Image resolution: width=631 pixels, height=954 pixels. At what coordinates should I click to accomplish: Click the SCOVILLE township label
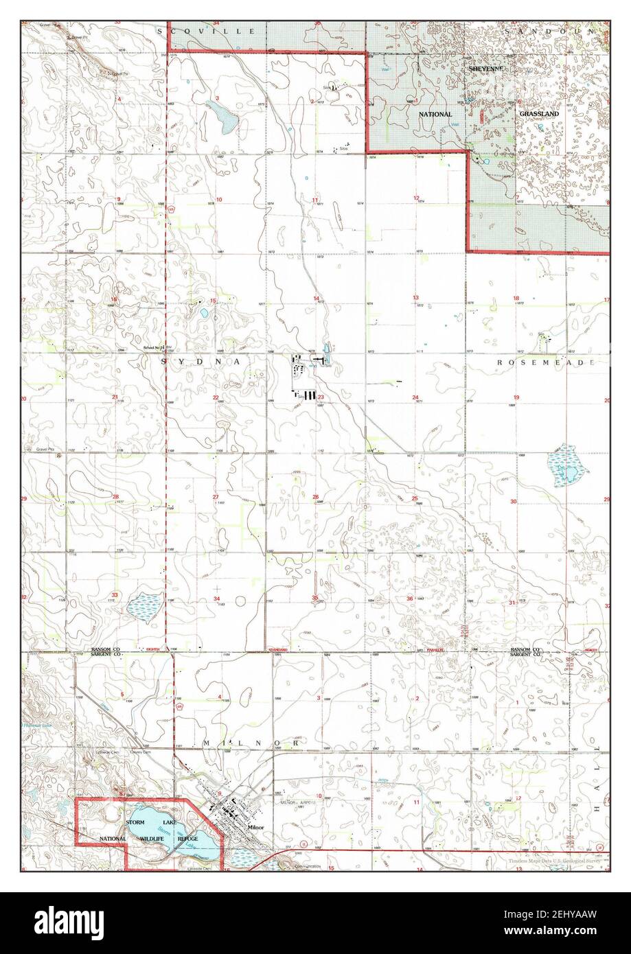point(205,31)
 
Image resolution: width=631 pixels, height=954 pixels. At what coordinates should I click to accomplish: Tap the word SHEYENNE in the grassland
point(487,69)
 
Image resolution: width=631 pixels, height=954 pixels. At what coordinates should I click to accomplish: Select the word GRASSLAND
point(539,113)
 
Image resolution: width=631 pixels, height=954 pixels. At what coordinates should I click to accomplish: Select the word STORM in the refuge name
point(135,822)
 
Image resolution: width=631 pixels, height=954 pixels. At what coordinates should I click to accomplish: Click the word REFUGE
point(187,839)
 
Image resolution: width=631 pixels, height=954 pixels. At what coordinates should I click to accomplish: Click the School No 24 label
point(154,349)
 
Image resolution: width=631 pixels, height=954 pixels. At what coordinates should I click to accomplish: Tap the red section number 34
point(217,599)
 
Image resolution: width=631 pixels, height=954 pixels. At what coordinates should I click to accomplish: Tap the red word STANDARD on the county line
point(278,649)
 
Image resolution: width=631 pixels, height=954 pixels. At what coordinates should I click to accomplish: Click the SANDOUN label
point(553,31)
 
